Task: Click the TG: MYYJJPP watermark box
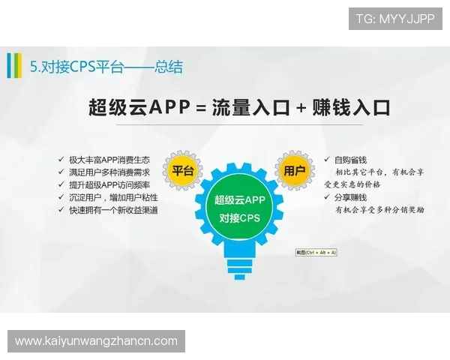pyautogui.click(x=395, y=18)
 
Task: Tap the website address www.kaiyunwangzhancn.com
pyautogui.click(x=96, y=341)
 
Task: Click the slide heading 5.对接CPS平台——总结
pyautogui.click(x=106, y=67)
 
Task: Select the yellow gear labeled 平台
pyautogui.click(x=183, y=171)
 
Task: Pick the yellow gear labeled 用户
pyautogui.click(x=294, y=171)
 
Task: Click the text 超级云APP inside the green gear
pyautogui.click(x=239, y=200)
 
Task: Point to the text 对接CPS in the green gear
pyautogui.click(x=239, y=218)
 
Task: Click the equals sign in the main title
pyautogui.click(x=199, y=108)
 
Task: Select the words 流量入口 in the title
pyautogui.click(x=250, y=107)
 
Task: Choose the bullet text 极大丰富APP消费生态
pyautogui.click(x=109, y=160)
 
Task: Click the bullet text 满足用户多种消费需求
pyautogui.click(x=109, y=172)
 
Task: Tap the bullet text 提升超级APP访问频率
pyautogui.click(x=109, y=184)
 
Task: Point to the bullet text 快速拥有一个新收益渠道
pyautogui.click(x=113, y=210)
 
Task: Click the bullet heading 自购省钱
pyautogui.click(x=350, y=160)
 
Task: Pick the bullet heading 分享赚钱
pyautogui.click(x=350, y=196)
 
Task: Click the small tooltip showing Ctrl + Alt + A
pyautogui.click(x=316, y=253)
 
